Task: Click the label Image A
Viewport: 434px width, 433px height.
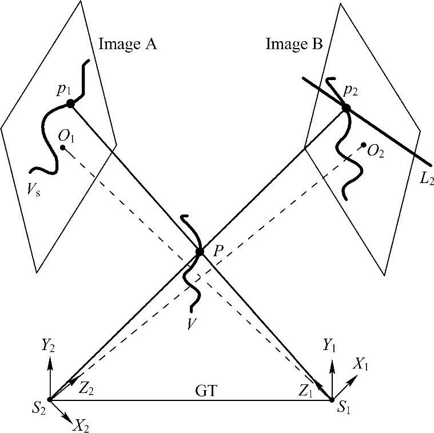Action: tap(128, 43)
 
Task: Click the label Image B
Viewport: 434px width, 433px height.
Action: tap(294, 43)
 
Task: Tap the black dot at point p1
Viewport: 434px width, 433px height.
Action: tap(70, 104)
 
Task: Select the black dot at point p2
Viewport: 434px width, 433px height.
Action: tap(345, 108)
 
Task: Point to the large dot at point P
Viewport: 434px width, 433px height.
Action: tap(200, 252)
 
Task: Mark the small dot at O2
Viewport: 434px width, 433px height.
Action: tap(364, 144)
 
